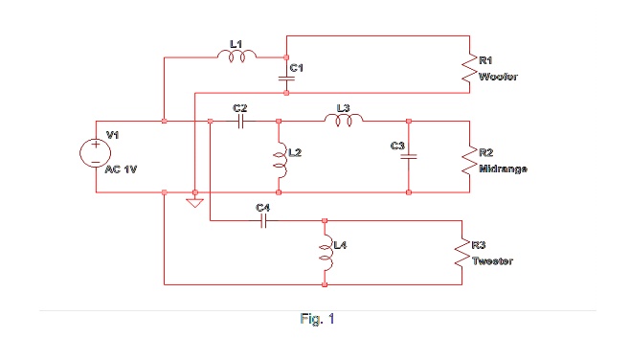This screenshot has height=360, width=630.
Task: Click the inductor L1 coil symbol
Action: [236, 58]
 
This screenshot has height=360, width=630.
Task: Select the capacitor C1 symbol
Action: [286, 81]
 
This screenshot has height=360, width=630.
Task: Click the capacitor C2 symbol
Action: [241, 122]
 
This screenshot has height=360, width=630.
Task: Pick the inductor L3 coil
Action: [345, 121]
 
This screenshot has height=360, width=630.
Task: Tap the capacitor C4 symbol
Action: [265, 220]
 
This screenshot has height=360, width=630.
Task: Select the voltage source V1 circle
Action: [97, 153]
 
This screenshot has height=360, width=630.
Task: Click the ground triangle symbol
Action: [195, 201]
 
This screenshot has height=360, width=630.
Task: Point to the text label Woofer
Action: [498, 77]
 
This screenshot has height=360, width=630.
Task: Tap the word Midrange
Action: [504, 168]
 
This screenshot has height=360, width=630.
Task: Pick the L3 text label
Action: [344, 108]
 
